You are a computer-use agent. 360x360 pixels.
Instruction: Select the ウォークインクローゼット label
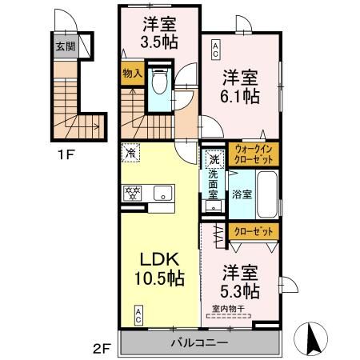[x=255, y=154]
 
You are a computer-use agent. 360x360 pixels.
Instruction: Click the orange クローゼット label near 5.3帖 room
[x=255, y=230]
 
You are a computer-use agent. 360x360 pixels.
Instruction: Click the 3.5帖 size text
[x=159, y=44]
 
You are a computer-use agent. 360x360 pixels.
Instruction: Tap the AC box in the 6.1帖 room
[x=215, y=52]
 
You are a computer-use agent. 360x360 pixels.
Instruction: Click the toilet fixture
[x=158, y=83]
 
